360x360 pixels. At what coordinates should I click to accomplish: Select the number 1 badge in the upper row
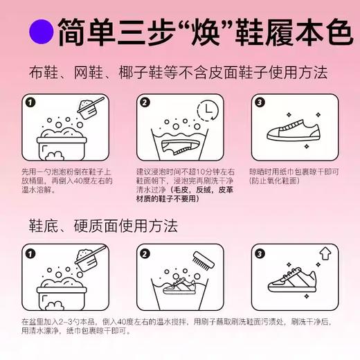click(x=29, y=103)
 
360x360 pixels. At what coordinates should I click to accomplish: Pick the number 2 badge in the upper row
click(x=144, y=103)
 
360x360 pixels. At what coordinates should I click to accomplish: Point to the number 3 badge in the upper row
click(x=259, y=103)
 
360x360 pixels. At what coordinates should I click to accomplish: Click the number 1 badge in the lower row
click(x=29, y=254)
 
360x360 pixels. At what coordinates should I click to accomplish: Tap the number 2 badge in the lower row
click(x=144, y=254)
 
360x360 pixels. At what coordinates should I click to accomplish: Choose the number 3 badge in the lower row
click(x=259, y=254)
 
